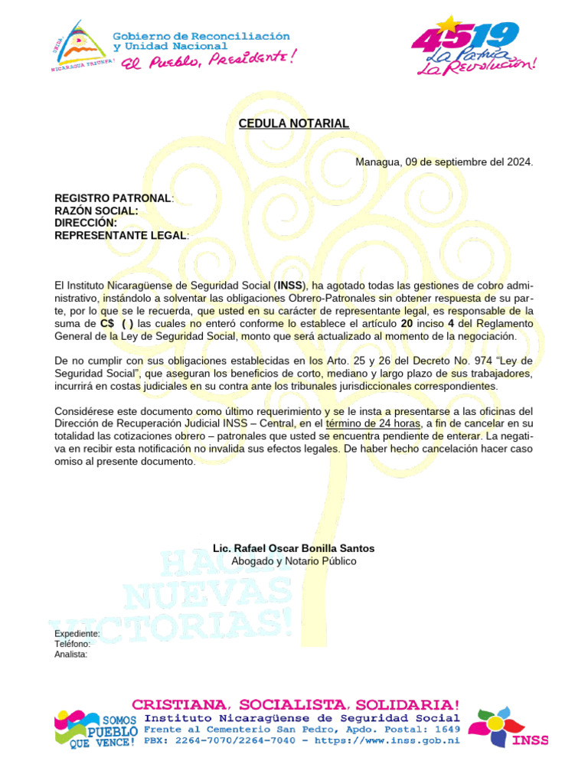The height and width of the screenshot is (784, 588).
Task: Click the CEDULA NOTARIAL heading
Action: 294,123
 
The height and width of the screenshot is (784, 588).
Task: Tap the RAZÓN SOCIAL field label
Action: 96,211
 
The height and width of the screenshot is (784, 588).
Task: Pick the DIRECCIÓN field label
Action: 85,223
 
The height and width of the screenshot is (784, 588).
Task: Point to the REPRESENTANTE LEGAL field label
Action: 120,235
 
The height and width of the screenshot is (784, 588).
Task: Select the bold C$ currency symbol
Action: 106,323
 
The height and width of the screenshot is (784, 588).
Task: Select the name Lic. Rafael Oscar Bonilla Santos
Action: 294,549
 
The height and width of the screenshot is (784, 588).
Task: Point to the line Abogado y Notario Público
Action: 294,561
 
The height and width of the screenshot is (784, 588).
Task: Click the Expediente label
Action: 77,634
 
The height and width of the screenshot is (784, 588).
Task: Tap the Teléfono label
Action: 73,644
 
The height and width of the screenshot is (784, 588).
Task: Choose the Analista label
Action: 70,654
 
